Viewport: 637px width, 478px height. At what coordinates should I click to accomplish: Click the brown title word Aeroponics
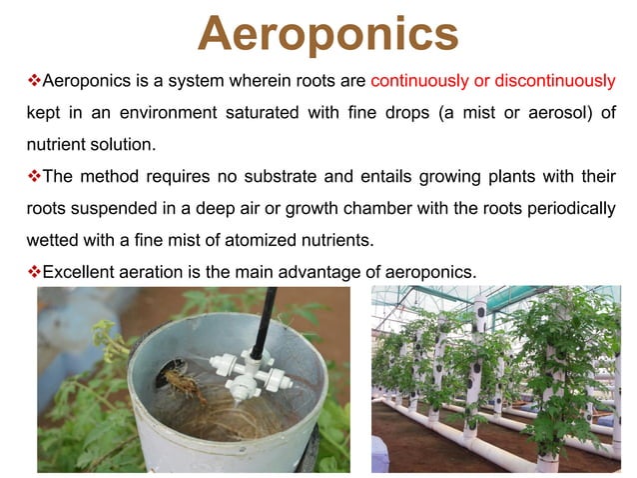327,33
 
